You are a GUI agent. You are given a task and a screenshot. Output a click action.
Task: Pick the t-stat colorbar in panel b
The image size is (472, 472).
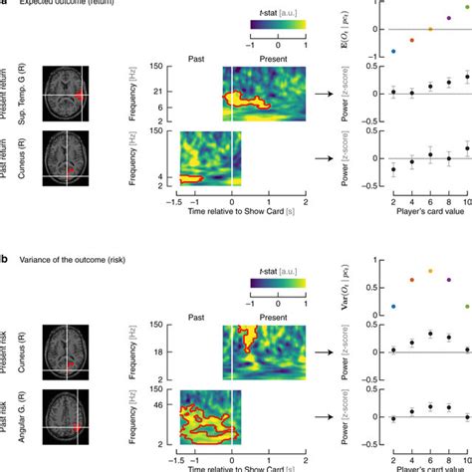click(280, 285)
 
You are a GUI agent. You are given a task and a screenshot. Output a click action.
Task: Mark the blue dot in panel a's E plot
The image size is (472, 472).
click(393, 51)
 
